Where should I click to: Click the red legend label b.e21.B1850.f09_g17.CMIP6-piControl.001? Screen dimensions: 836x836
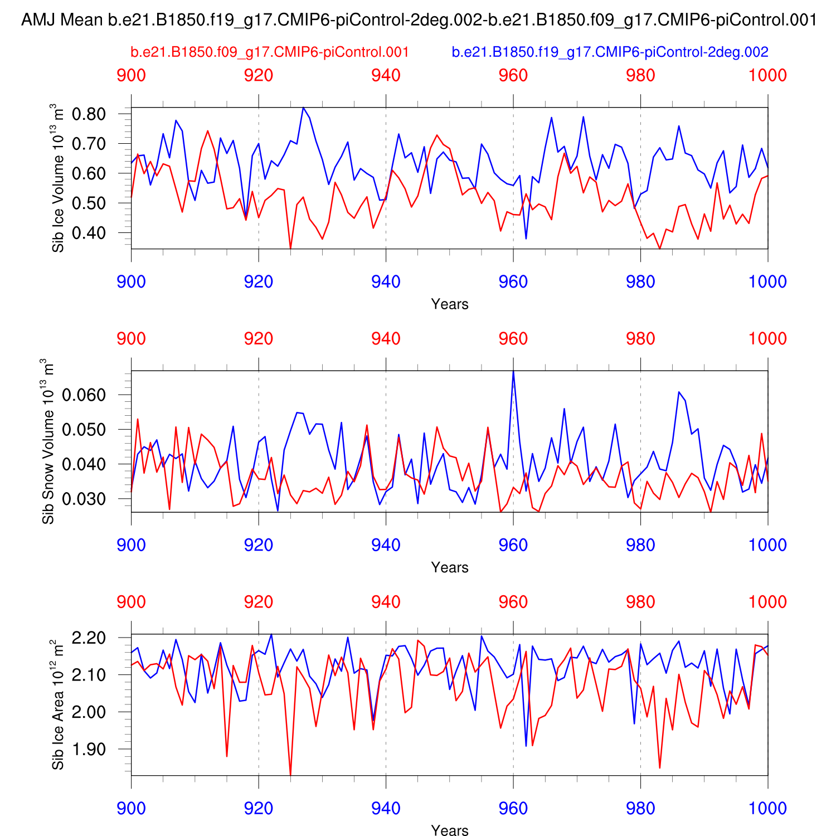[x=270, y=52]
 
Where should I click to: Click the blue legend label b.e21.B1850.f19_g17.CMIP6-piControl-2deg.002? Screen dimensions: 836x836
[x=610, y=52]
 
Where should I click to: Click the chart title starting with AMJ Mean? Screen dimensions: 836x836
[x=419, y=21]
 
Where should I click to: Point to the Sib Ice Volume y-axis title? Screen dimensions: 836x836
[x=58, y=178]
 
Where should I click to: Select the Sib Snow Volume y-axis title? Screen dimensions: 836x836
[x=48, y=441]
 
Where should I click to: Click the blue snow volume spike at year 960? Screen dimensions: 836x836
[x=513, y=372]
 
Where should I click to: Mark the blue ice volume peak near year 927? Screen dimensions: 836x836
[x=303, y=108]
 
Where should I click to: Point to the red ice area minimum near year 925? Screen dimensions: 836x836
[x=290, y=774]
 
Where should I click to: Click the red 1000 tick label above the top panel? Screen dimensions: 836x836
[x=767, y=76]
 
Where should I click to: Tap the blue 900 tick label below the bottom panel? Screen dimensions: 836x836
[x=132, y=809]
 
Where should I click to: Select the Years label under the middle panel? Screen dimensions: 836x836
[x=450, y=567]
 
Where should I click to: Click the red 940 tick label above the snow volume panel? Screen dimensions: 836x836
[x=386, y=339]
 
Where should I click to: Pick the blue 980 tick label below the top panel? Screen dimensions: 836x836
[x=640, y=282]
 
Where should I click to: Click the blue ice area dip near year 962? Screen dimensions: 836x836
[x=526, y=745]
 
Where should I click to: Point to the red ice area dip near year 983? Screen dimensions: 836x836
[x=660, y=767]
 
